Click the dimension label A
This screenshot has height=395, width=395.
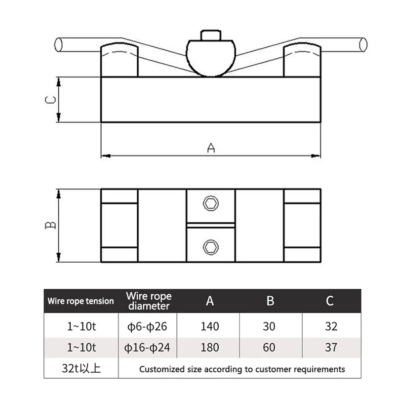(x=211, y=148)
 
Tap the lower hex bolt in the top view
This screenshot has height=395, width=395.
(x=211, y=246)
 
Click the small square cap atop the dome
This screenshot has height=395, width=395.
(x=211, y=36)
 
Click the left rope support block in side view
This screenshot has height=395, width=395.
(x=120, y=61)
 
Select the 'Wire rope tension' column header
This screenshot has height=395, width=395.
(x=80, y=301)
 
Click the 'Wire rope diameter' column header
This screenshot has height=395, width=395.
(x=149, y=301)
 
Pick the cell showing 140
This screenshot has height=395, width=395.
(x=210, y=326)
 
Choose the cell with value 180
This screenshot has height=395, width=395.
(x=210, y=348)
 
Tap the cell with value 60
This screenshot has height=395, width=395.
(x=270, y=348)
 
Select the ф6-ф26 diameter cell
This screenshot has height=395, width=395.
(x=149, y=326)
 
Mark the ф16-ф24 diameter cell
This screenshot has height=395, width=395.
(x=149, y=348)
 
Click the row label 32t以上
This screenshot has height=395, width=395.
(x=80, y=369)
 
